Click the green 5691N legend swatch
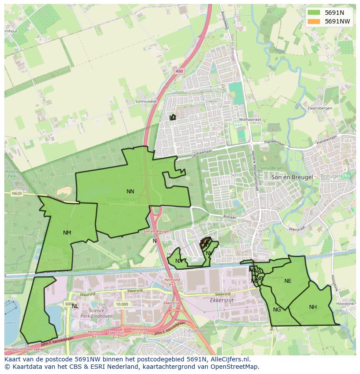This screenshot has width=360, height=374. click(x=313, y=13)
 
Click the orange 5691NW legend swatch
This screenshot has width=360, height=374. click(x=313, y=21)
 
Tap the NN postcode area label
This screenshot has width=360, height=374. click(x=130, y=191)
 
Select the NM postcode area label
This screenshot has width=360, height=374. click(x=67, y=232)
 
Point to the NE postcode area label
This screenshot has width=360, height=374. click(x=288, y=281)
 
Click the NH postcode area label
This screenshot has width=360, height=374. click(x=313, y=307)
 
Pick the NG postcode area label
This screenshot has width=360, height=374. click(x=277, y=309)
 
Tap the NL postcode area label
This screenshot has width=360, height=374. click(x=75, y=306)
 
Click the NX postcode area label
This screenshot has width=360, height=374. click(x=179, y=261)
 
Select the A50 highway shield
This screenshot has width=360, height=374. click(x=180, y=71)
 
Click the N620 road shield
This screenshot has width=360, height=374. click(x=17, y=193)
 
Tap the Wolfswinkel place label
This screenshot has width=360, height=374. click(x=250, y=119)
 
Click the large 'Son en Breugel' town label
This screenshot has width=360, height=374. click(x=292, y=177)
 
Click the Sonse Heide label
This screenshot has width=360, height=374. click(x=122, y=199)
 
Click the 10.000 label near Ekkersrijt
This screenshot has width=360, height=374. click(x=122, y=304)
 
